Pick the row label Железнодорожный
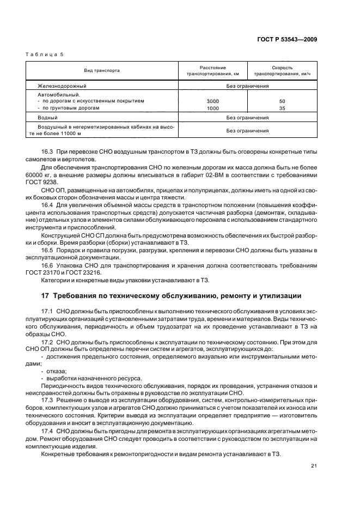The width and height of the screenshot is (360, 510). [x=63, y=86]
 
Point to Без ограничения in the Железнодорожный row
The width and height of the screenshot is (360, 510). [x=247, y=86]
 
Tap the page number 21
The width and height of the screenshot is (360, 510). [x=314, y=465]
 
